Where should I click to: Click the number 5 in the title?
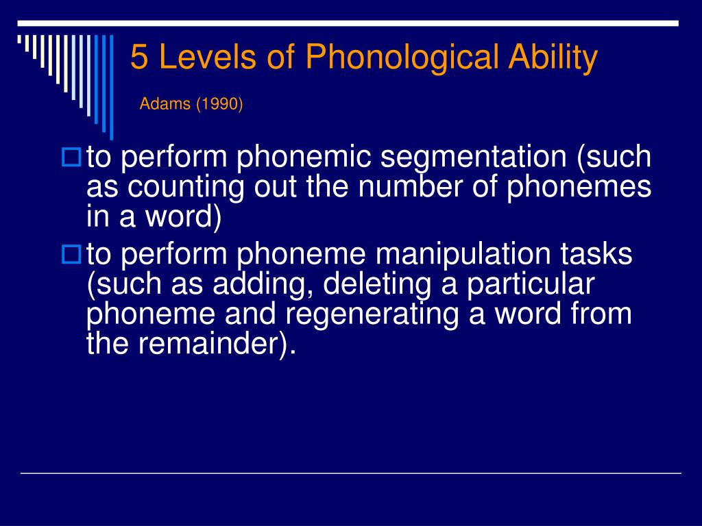tap(138, 57)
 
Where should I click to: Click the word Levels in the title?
tap(207, 57)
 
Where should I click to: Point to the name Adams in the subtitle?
tap(165, 104)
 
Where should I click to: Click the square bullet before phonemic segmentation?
tap(71, 158)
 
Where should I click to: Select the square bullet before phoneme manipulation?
tap(71, 255)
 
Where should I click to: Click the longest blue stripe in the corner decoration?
tap(112, 88)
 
